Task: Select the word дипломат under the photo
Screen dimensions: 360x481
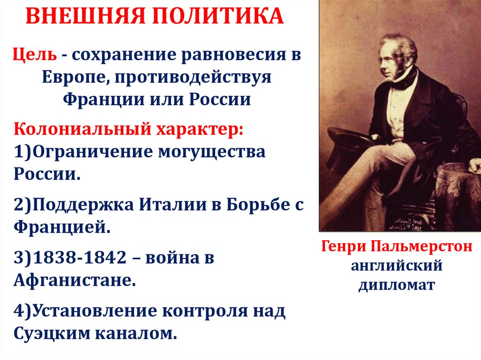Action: pos(397,284)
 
